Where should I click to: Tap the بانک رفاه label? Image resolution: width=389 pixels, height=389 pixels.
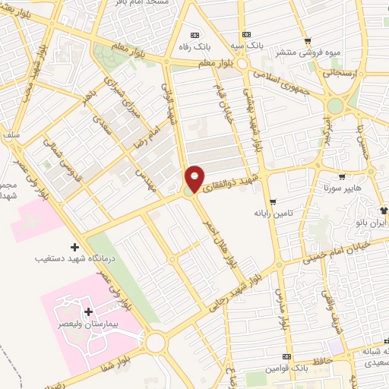[194, 47]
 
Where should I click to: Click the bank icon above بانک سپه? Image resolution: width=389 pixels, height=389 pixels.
[245, 34]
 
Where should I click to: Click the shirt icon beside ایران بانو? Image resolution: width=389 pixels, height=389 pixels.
[384, 210]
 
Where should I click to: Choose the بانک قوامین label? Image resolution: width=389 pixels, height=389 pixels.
[286, 368]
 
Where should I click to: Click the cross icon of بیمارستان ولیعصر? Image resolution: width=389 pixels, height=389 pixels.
[88, 312]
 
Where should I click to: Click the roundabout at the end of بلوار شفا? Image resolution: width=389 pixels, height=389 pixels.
[156, 343]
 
